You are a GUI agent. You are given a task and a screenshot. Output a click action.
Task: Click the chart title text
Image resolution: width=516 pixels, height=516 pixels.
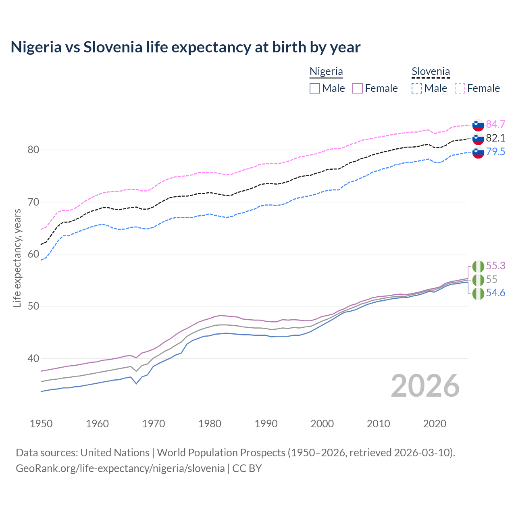coord(185,47)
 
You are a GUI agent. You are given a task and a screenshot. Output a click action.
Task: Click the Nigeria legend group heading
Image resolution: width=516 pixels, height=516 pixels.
coord(326,71)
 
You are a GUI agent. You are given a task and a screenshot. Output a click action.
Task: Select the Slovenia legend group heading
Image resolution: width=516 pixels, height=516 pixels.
coord(431,71)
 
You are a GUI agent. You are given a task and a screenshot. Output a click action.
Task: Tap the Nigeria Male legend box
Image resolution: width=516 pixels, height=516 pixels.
coord(315,88)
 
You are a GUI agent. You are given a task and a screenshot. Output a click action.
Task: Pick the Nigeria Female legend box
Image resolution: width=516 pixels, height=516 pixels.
coord(358,88)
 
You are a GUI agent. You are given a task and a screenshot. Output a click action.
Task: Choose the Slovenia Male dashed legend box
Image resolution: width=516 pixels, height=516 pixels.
coord(417,88)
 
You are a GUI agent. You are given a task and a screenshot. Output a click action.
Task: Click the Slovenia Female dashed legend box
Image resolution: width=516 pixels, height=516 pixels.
coord(460,88)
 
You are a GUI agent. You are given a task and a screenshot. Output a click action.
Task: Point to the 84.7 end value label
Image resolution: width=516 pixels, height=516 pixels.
coord(495,124)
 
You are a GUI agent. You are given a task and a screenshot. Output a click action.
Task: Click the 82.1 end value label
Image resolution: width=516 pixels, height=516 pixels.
coord(495,138)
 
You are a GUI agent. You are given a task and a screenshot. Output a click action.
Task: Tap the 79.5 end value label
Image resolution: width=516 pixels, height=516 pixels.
coord(495,152)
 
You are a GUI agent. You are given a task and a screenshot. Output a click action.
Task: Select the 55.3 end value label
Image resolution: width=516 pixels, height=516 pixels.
coord(495,266)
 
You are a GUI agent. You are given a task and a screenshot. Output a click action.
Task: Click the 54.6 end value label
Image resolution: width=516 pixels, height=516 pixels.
coord(495,293)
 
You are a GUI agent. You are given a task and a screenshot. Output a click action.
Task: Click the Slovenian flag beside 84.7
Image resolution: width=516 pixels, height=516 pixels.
coord(478,125)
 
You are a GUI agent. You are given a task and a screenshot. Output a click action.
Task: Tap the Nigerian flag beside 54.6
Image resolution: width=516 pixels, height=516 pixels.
coord(478,293)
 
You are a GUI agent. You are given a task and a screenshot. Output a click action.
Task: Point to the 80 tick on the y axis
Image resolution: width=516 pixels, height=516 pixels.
coord(33,150)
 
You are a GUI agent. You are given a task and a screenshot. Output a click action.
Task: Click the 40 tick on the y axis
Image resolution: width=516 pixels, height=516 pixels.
coord(33,358)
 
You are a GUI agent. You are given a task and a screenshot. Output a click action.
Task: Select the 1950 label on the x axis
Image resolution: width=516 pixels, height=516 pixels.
coord(41,424)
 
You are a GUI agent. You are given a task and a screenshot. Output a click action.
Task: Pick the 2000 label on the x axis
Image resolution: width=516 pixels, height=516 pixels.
coord(322,424)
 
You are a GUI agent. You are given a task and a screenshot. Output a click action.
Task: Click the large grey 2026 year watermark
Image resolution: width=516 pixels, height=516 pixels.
coord(425,386)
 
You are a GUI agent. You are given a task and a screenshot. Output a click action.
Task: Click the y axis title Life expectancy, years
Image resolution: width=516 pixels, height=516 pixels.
coord(17,258)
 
